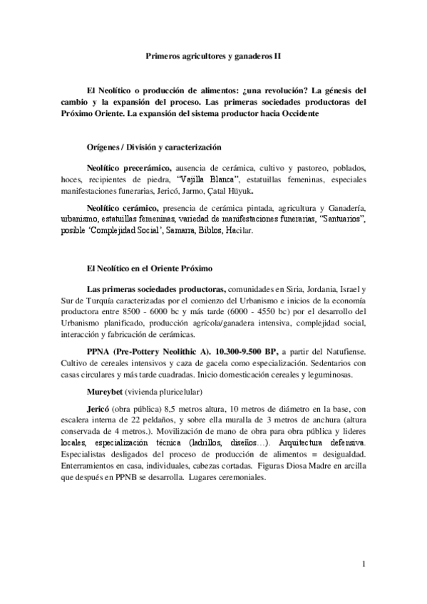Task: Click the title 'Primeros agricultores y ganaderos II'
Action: [214, 53]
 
